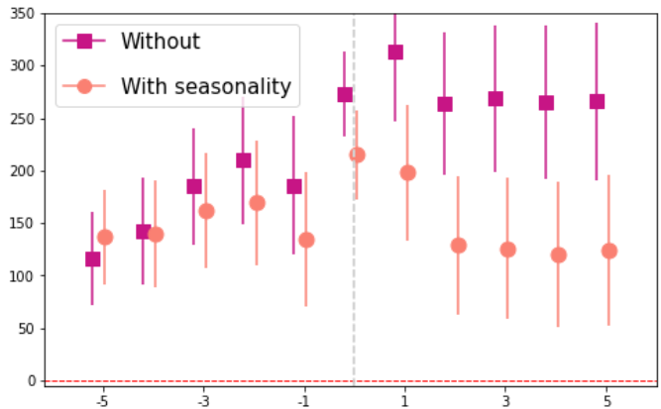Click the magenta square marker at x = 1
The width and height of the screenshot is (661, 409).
click(395, 52)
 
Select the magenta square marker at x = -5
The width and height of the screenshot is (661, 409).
click(93, 259)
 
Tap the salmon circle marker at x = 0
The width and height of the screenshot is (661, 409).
click(357, 155)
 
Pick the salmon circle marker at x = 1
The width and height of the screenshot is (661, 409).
click(407, 172)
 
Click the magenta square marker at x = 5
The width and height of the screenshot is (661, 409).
click(597, 102)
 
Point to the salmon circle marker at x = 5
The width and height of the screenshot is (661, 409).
click(609, 251)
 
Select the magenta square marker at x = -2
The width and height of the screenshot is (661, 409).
click(244, 160)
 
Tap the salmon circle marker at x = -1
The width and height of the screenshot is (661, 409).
click(306, 240)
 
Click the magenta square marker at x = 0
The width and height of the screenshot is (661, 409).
click(345, 95)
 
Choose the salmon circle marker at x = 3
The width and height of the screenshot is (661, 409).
click(508, 250)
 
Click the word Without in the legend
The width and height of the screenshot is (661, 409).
click(161, 42)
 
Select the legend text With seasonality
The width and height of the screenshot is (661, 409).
click(206, 86)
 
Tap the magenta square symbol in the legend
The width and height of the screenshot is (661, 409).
click(84, 41)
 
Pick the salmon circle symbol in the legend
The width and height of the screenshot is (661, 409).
click(84, 86)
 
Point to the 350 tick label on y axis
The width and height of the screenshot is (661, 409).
click(23, 14)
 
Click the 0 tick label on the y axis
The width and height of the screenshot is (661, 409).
click(32, 381)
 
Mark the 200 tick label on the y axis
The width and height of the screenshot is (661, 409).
click(23, 171)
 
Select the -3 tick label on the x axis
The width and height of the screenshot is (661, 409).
click(203, 401)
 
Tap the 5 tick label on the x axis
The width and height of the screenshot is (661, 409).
click(607, 401)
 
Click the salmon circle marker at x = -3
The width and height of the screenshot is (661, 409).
click(206, 211)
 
